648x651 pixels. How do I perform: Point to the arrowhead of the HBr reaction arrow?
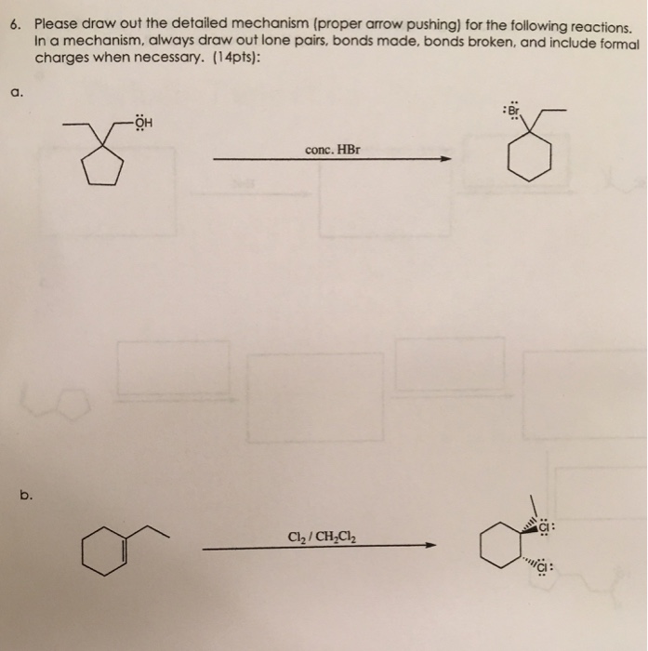[445, 160]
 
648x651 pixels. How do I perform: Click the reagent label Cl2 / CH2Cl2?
[315, 536]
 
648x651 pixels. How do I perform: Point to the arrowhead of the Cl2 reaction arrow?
[430, 547]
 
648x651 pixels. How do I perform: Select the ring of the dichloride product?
[497, 549]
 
